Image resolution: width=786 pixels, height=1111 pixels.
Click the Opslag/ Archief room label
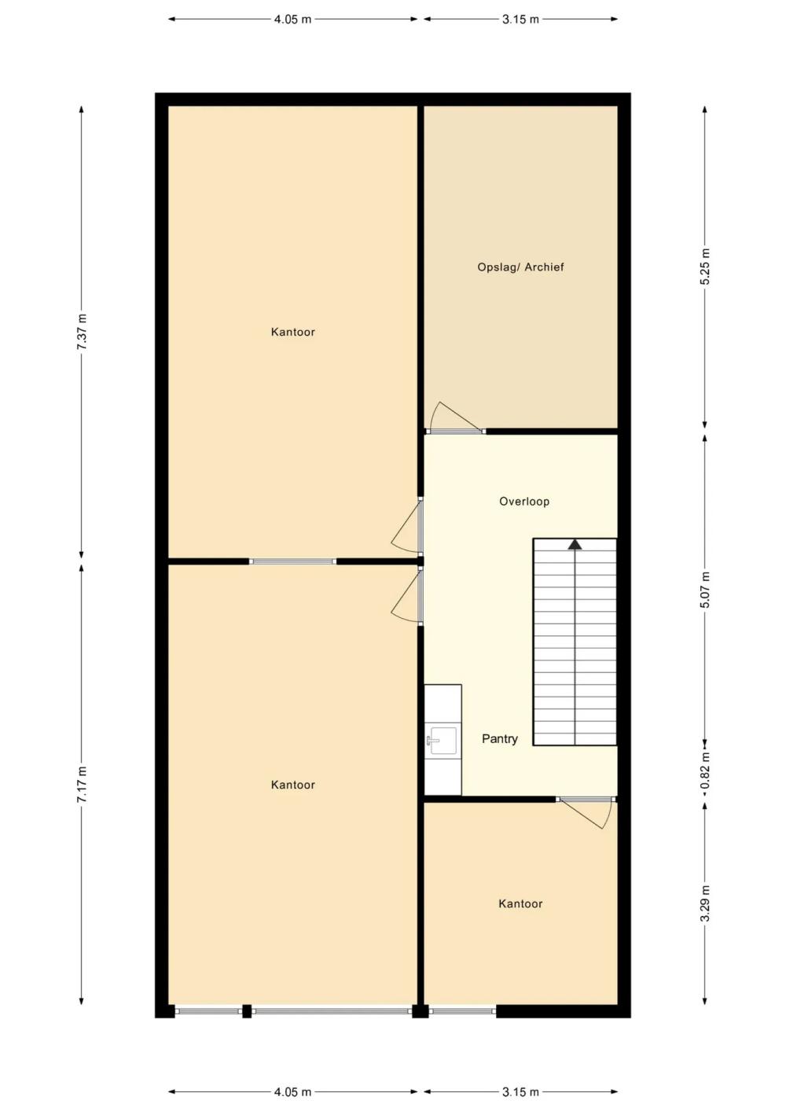click(x=520, y=267)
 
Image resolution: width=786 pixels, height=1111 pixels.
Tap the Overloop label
click(x=524, y=502)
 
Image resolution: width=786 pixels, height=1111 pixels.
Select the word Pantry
click(x=500, y=739)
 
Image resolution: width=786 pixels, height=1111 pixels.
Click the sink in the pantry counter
click(x=443, y=741)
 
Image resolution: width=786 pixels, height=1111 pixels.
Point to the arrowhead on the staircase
click(x=575, y=544)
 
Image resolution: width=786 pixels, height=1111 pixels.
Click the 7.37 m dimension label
click(x=83, y=332)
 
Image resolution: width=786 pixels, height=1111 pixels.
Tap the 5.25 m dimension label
click(x=706, y=266)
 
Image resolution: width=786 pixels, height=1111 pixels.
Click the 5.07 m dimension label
click(x=706, y=590)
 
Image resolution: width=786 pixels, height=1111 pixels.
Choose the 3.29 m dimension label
click(x=706, y=903)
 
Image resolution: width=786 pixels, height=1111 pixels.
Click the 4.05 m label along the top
click(x=292, y=20)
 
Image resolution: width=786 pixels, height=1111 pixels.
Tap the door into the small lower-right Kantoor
click(x=586, y=813)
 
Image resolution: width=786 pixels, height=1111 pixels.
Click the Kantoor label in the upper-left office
click(x=293, y=332)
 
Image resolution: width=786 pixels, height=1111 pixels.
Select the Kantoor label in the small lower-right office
click(x=520, y=903)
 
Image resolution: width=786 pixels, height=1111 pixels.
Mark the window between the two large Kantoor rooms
click(x=292, y=561)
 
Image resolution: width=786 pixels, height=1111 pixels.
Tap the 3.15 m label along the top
click(x=520, y=20)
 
